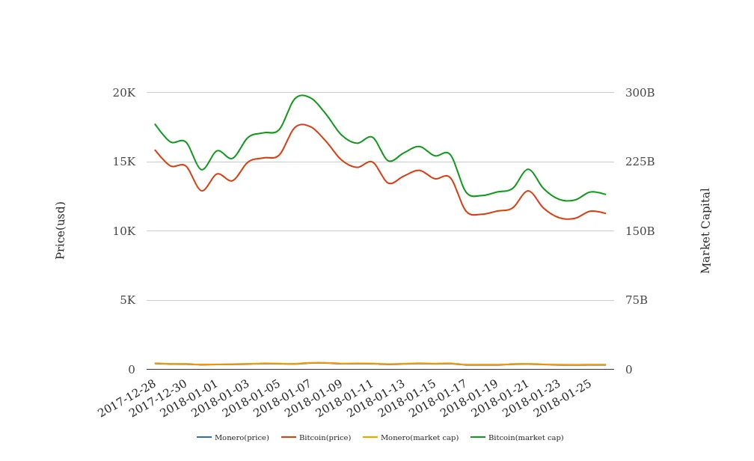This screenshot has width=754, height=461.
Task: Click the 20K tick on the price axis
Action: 123,93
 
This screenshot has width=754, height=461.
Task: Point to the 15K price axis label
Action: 123,162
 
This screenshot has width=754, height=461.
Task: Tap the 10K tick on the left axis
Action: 123,231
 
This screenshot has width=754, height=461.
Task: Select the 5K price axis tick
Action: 127,300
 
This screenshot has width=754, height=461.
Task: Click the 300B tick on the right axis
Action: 640,93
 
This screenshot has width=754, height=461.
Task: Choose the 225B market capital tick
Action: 640,162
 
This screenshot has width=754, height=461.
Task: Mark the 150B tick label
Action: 640,231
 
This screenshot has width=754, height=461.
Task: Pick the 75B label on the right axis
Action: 637,300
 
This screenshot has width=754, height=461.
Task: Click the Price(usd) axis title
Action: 61,230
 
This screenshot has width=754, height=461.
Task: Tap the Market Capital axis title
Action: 706,230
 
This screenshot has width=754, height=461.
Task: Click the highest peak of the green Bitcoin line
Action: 301,95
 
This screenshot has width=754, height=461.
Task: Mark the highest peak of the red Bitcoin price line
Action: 302,124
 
